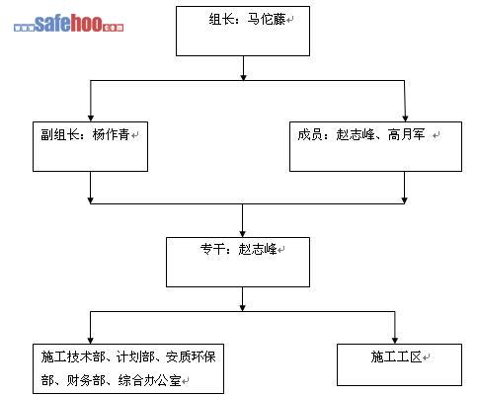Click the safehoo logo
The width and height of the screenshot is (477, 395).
pyautogui.click(x=69, y=23)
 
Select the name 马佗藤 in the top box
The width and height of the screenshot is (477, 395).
pyautogui.click(x=267, y=20)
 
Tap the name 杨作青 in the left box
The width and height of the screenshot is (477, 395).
pyautogui.click(x=112, y=134)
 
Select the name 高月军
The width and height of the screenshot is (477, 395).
pyautogui.click(x=407, y=134)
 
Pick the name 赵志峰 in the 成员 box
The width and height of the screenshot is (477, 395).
pyautogui.click(x=355, y=134)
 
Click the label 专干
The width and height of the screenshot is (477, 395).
pyautogui.click(x=212, y=249)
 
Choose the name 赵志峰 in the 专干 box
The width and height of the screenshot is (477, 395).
pyautogui.click(x=258, y=249)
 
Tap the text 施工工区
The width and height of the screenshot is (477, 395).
pyautogui.click(x=396, y=356)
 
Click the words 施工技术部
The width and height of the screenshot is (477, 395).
pyautogui.click(x=73, y=356)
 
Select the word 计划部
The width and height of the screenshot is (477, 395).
pyautogui.click(x=135, y=356)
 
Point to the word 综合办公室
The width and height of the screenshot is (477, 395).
pyautogui.click(x=150, y=380)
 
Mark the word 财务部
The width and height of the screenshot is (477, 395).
pyautogui.click(x=86, y=380)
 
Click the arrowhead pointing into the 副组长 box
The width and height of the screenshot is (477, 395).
pyautogui.click(x=91, y=118)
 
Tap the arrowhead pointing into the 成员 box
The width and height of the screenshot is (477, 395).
pyautogui.click(x=405, y=118)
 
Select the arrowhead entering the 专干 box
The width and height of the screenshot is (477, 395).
pyautogui.click(x=243, y=233)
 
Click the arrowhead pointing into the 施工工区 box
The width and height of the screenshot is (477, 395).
pyautogui.click(x=395, y=341)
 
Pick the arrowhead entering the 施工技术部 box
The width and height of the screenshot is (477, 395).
pyautogui.click(x=91, y=341)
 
